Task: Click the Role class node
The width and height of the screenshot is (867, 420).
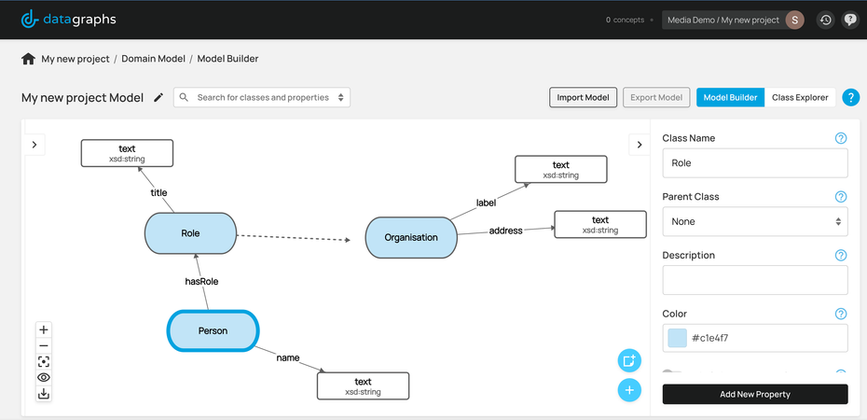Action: point(191,233)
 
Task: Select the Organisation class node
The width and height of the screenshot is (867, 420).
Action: point(411,237)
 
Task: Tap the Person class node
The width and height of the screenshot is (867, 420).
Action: point(213,330)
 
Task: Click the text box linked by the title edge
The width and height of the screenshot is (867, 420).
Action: point(127,153)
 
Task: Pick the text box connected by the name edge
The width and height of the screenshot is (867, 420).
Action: point(363,386)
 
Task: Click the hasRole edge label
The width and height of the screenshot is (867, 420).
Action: point(200,280)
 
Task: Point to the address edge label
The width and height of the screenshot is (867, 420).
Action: point(505,230)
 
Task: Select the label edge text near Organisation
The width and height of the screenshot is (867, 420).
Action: point(486,202)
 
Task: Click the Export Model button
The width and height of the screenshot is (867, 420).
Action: point(656,97)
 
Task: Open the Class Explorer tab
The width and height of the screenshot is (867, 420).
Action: point(800,97)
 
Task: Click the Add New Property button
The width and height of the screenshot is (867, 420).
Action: point(754,394)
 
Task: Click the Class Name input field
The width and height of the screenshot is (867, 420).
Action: point(754,162)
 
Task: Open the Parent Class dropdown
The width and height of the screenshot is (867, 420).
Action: point(754,221)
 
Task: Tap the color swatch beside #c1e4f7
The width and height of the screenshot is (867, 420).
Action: point(677,338)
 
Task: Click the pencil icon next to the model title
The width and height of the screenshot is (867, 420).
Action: point(158,97)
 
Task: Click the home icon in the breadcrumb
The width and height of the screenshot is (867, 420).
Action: point(28,59)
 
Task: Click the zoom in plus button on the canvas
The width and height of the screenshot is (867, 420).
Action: point(44,329)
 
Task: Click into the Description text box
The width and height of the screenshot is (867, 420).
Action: point(754,280)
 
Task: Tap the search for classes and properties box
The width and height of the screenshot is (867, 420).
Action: point(262,97)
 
